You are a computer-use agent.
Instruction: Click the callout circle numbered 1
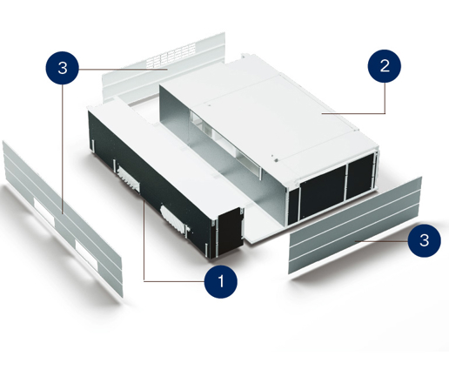pyautogui.click(x=221, y=281)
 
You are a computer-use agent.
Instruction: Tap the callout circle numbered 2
pyautogui.click(x=385, y=66)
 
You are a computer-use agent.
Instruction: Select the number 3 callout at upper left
pyautogui.click(x=62, y=68)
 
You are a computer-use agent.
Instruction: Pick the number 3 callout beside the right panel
pyautogui.click(x=424, y=240)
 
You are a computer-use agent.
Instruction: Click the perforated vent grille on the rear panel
pyautogui.click(x=171, y=55)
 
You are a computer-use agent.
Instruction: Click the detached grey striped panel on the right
pyautogui.click(x=355, y=226)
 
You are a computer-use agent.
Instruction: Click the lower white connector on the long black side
pyautogui.click(x=173, y=219)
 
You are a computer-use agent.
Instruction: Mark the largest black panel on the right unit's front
pyautogui.click(x=323, y=192)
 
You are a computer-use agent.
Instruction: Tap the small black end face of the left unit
pyautogui.click(x=230, y=232)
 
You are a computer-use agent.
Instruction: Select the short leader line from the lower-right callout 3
pyautogui.click(x=381, y=241)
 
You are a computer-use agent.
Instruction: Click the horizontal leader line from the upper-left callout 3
pyautogui.click(x=124, y=70)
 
